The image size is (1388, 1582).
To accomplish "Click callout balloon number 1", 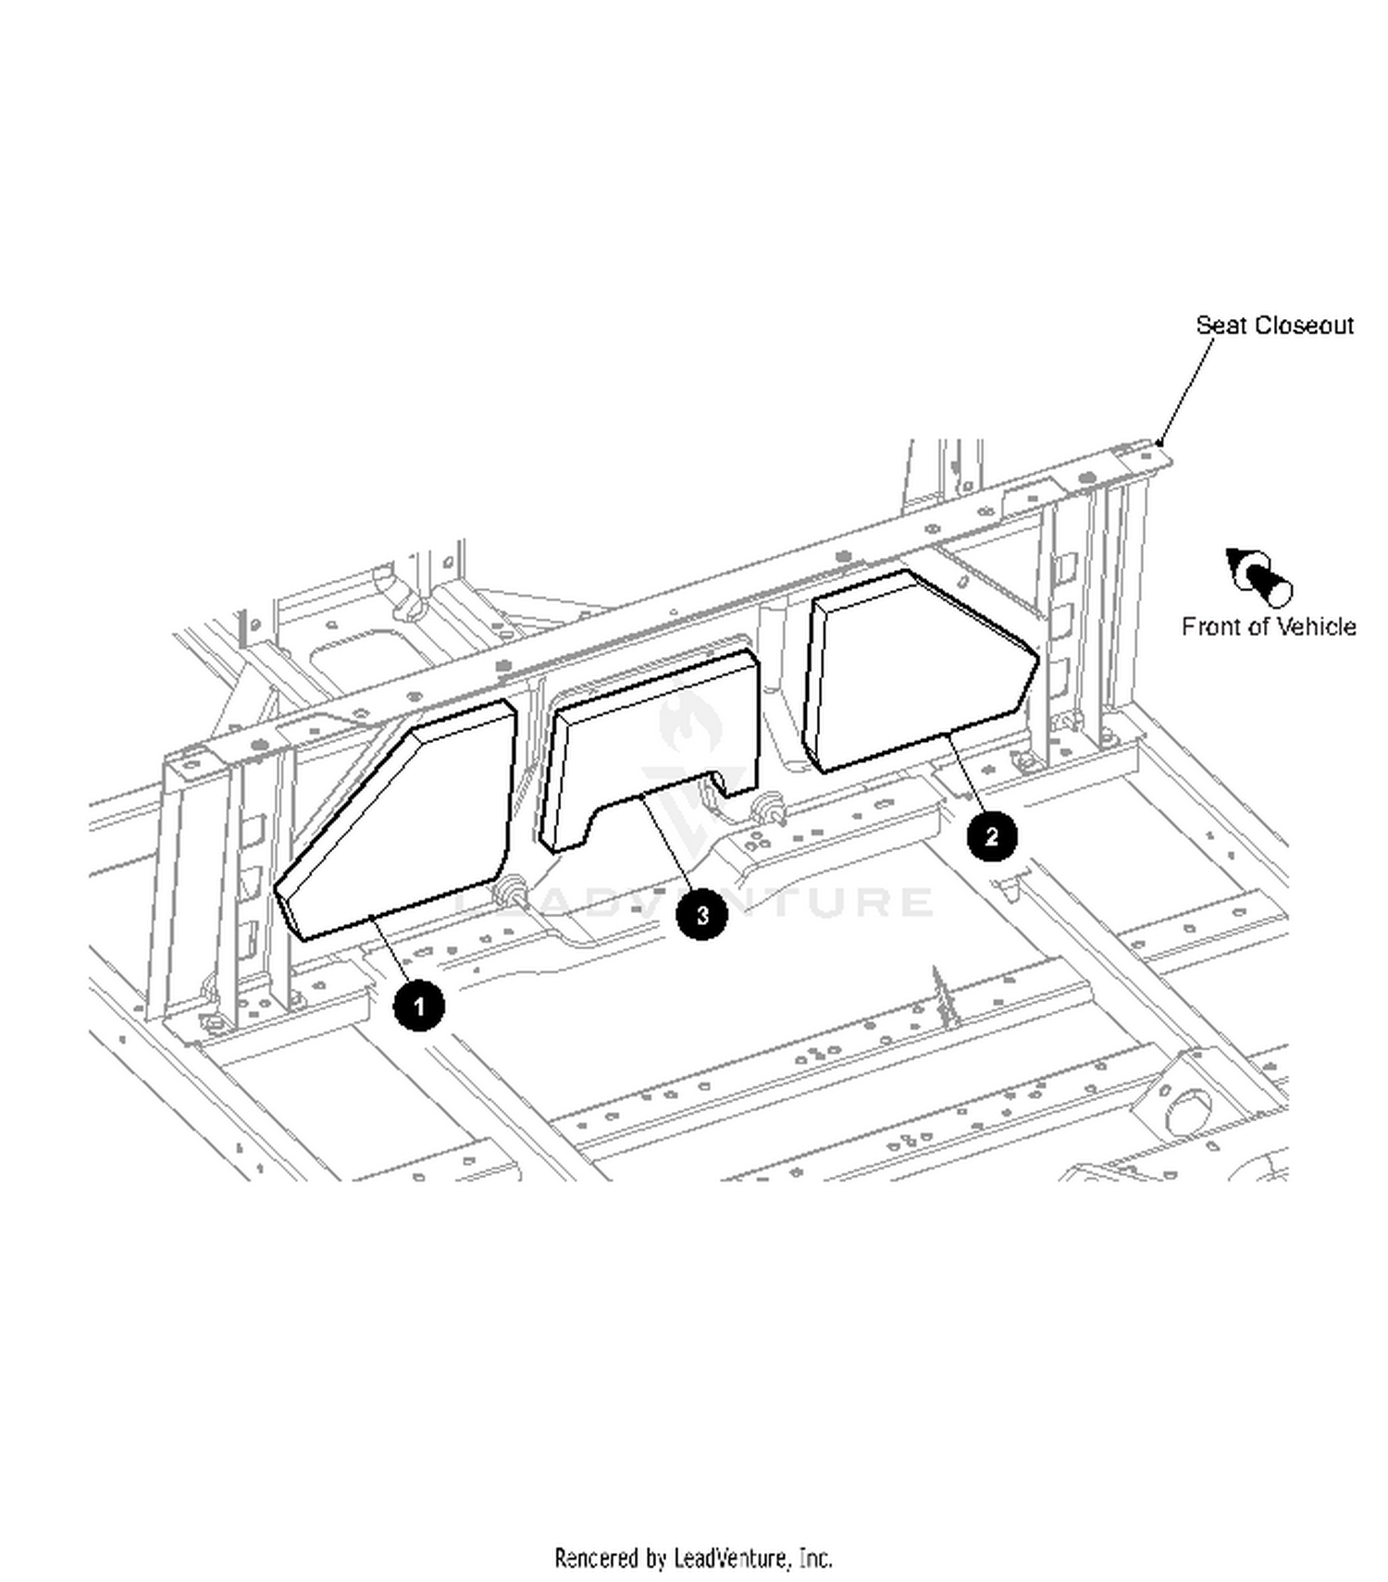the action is coord(418,1005).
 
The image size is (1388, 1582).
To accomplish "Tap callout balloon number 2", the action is coord(992,836).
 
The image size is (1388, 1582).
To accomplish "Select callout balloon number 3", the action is coord(701,914).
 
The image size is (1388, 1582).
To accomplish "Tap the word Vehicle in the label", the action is coord(1313,626).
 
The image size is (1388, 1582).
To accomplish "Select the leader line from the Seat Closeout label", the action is coord(1186,390).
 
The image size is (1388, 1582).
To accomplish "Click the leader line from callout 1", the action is coord(390,949).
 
